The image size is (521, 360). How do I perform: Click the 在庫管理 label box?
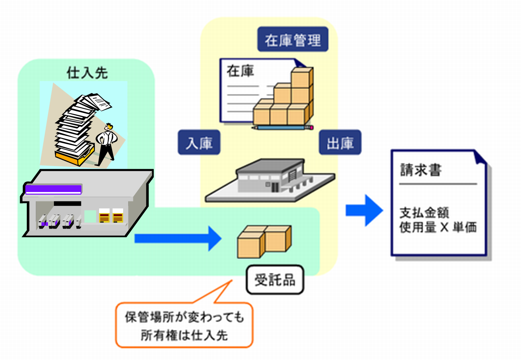[x=293, y=39]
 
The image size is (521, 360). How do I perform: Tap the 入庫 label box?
[x=199, y=142]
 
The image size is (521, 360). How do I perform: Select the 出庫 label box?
[x=340, y=142]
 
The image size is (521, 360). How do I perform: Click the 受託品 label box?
[x=275, y=280]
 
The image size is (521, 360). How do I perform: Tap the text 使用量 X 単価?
[x=438, y=227]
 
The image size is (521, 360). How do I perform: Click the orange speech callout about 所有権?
[x=184, y=325]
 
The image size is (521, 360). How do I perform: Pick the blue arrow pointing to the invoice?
[x=364, y=210]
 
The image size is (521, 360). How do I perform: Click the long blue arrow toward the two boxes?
[x=177, y=238]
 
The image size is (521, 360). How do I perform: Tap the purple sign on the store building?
[x=53, y=189]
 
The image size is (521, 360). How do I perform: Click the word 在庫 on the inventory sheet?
[x=240, y=71]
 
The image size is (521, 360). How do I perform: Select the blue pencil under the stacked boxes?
[x=283, y=127]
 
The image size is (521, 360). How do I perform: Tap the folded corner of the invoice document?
[x=480, y=157]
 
